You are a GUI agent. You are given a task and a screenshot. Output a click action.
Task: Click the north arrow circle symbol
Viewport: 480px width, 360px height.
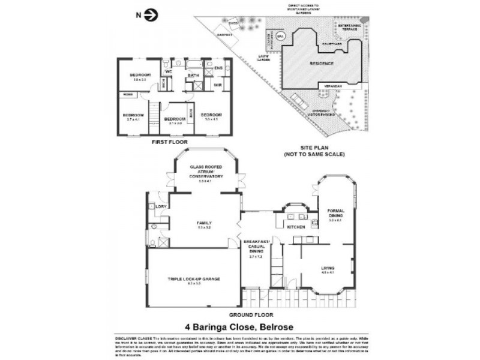[150, 14]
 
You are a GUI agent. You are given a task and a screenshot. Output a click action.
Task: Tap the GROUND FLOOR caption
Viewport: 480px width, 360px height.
[251, 314]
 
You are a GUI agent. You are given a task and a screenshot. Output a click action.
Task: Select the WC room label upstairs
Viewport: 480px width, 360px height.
[169, 71]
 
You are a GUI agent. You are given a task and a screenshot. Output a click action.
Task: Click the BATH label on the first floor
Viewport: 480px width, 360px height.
[193, 75]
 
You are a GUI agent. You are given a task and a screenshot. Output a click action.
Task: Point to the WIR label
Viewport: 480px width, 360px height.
[218, 85]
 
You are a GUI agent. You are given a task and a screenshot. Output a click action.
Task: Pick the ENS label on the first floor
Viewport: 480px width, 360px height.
[219, 68]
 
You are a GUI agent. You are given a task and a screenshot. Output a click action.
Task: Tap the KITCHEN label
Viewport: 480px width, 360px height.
[296, 228]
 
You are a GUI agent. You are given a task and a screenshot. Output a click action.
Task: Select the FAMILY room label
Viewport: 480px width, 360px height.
[204, 223]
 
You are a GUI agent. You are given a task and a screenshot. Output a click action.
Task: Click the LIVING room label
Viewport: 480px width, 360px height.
[327, 268]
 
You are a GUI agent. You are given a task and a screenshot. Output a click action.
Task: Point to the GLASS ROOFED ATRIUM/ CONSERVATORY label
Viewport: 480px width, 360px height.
[206, 172]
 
